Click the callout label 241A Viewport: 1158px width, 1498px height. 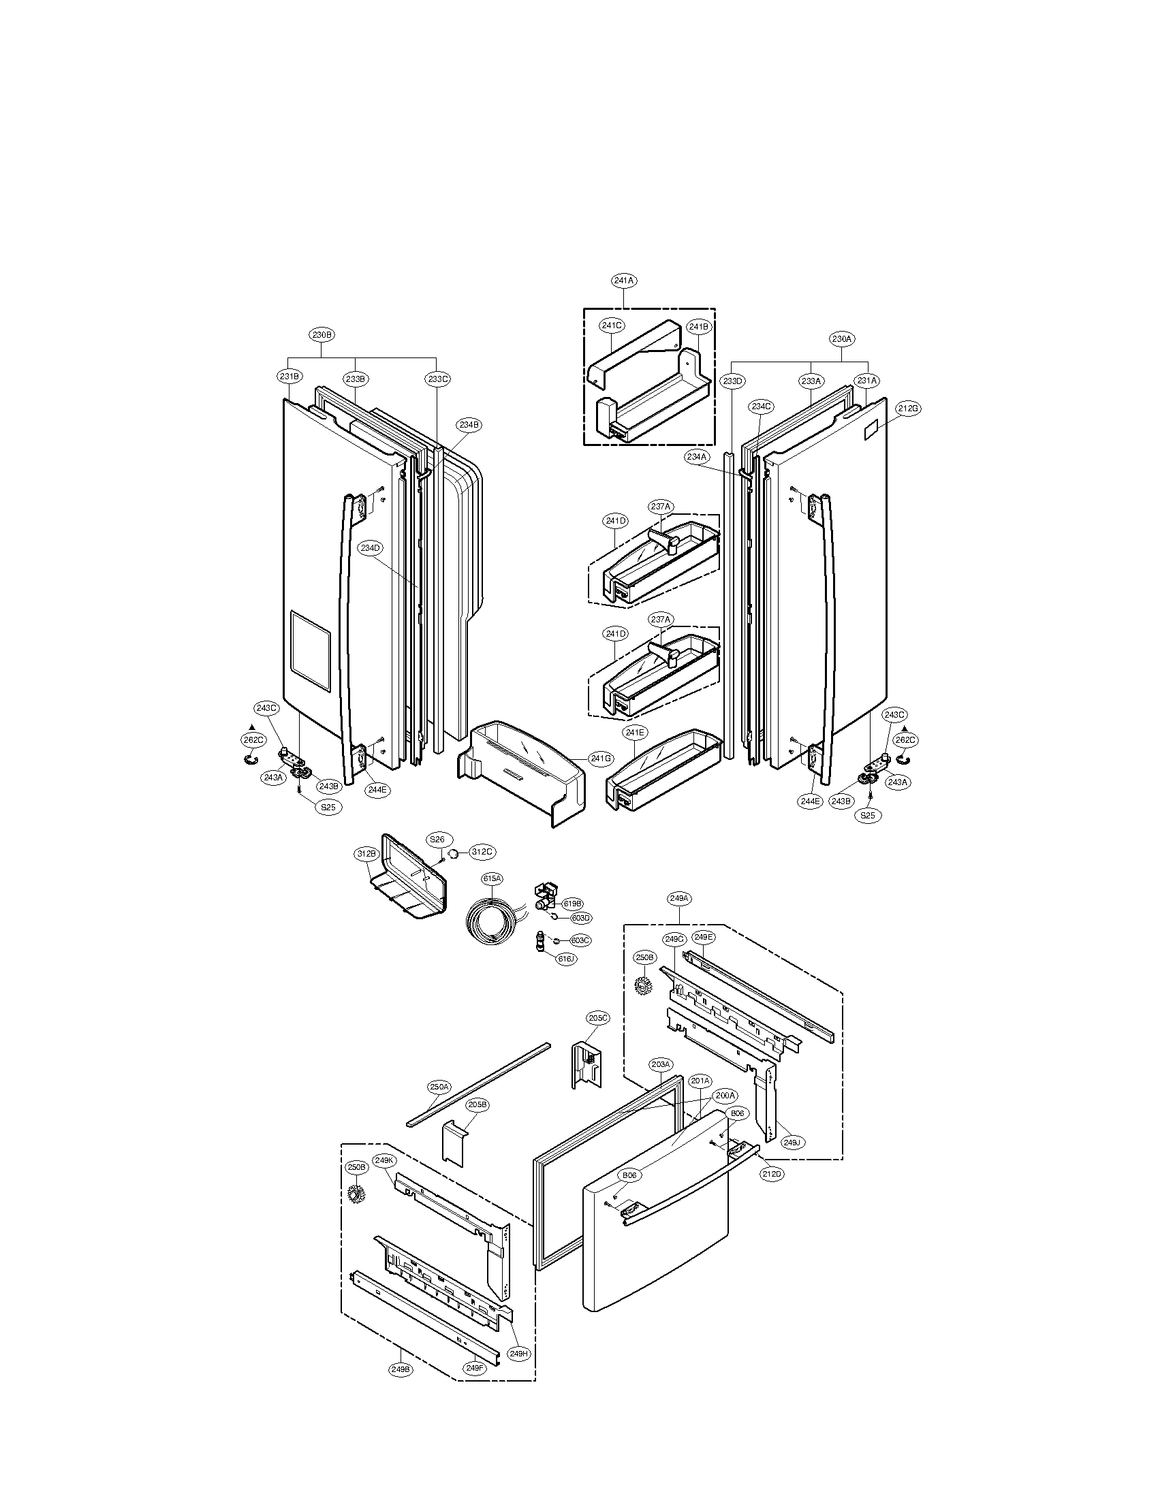point(623,281)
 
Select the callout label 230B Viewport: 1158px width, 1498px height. point(322,335)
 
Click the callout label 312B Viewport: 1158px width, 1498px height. point(366,854)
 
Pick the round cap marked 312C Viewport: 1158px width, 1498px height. point(454,852)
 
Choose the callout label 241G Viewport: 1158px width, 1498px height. point(601,758)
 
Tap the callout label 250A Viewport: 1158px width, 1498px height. point(439,1087)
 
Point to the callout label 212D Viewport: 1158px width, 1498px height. point(772,1174)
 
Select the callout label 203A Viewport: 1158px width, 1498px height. point(660,1064)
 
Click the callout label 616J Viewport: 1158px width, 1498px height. point(565,959)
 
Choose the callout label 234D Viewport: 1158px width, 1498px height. point(371,547)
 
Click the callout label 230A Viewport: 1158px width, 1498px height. point(842,338)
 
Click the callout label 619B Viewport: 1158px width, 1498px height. point(572,904)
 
